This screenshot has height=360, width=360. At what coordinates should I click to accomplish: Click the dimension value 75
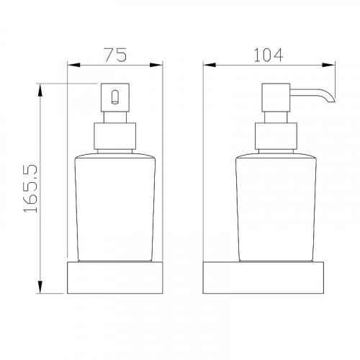coord(115,55)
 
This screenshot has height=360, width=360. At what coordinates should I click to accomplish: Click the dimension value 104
coord(269,55)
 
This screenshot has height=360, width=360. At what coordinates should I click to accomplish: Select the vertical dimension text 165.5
coord(31,189)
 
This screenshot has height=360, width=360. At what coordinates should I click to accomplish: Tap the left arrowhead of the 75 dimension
coord(73,65)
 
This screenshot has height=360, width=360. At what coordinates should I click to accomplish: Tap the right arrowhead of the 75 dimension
coord(156,65)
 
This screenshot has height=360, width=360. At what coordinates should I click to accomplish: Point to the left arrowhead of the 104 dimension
coord(210,65)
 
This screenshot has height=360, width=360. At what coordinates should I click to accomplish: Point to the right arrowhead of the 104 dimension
coord(328,65)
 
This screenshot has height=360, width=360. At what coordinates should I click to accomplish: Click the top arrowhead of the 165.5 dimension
coord(40,90)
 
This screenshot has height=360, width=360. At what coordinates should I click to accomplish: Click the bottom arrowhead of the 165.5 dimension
coord(40,287)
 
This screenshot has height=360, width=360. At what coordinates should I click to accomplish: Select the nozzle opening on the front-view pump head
coord(115,97)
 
